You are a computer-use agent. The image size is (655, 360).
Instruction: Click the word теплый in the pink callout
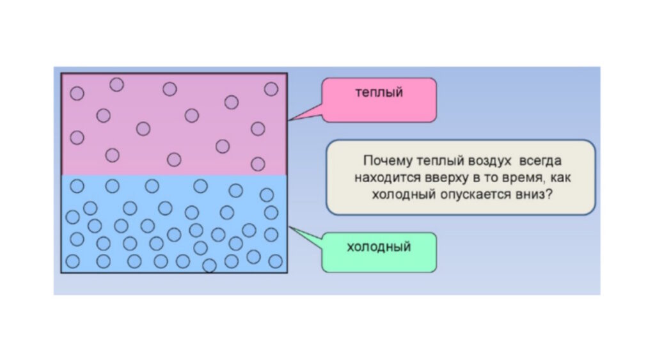tap(379, 93)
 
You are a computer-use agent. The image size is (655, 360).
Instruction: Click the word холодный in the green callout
tap(379, 246)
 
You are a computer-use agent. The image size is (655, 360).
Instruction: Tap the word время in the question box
tap(510, 177)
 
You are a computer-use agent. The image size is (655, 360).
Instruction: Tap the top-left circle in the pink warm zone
tap(77, 93)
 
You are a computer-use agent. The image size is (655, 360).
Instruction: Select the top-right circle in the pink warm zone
tap(271, 88)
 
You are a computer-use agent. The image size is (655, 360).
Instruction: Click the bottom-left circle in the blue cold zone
tap(73, 261)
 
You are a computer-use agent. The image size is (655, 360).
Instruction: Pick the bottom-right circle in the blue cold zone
tap(275, 260)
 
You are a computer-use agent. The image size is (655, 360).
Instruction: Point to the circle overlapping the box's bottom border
tap(209, 265)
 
